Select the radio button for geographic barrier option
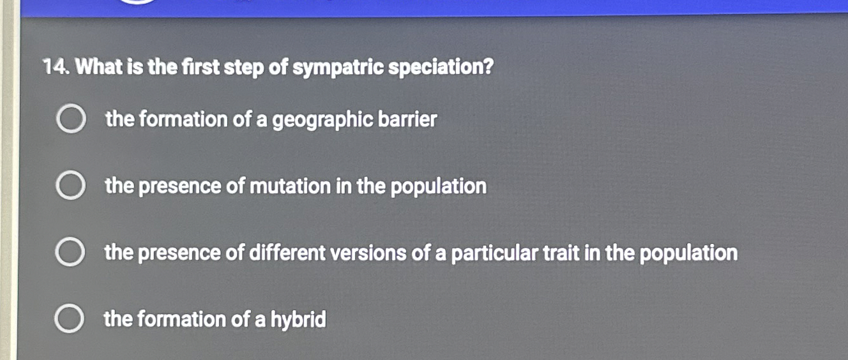coord(70,120)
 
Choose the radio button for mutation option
coord(70,186)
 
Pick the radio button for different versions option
coord(70,253)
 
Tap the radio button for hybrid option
coord(69,319)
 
